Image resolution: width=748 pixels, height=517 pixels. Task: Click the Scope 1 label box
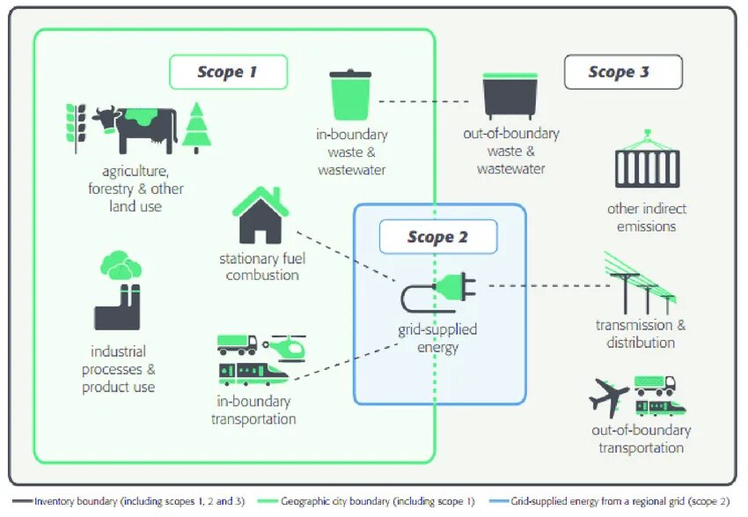228,72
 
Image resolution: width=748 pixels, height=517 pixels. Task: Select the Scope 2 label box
437,237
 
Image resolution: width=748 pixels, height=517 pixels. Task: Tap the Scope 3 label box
622,72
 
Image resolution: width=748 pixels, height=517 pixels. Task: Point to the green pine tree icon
197,128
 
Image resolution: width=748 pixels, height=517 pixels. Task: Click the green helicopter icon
285,346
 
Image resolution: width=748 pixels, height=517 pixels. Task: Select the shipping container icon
647,162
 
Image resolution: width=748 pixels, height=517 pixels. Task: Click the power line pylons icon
640,284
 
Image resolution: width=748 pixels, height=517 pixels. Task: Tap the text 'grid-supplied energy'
437,338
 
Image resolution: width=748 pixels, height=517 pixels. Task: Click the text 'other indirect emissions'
647,218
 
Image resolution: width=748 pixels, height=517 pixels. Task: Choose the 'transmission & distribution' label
641,334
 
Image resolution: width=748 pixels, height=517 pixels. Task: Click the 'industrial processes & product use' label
119,369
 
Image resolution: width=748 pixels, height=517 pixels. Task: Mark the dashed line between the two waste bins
429,101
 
